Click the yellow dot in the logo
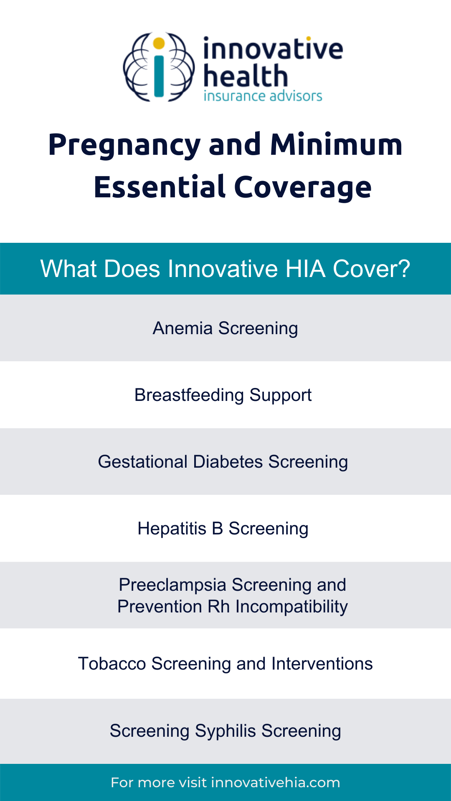pos(159,43)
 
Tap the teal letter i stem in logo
pos(159,75)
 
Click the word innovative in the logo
pos(273,49)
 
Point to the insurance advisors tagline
pos(263,96)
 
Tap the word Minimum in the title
pos(336,145)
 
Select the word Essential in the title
pos(160,187)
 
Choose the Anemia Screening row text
pos(225,328)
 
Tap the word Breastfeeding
pos(189,395)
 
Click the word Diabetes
pos(228,462)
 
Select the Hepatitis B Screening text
pos(223,529)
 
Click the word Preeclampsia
pos(172,585)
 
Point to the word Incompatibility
pos(291,607)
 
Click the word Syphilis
pos(225,731)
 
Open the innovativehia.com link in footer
pos(276,783)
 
